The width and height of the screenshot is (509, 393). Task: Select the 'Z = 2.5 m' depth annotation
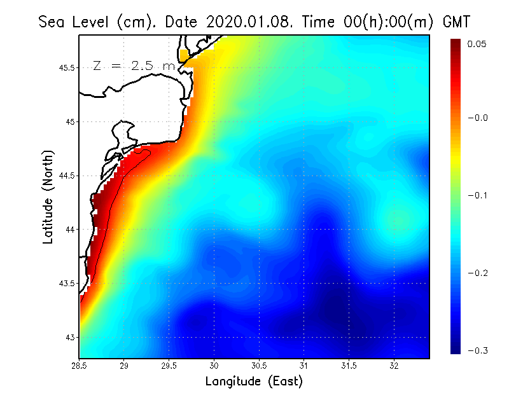tap(134, 65)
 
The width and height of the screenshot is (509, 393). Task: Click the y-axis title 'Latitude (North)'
tap(48, 197)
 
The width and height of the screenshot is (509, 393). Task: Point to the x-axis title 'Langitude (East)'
tap(254, 382)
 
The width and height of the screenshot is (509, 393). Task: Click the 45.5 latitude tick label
tap(66, 67)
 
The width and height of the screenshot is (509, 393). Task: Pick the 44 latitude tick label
tap(70, 229)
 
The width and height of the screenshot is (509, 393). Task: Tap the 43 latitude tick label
tap(70, 337)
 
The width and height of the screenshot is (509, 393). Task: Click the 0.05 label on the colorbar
tap(477, 44)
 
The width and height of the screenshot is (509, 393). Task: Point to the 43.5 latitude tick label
tap(66, 283)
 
